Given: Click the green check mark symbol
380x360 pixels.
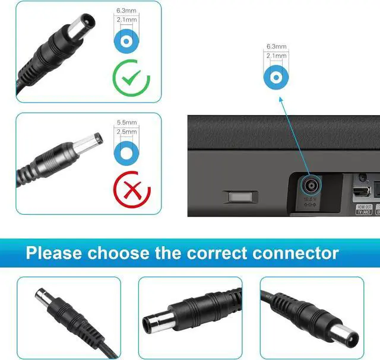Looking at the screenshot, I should (x=131, y=78).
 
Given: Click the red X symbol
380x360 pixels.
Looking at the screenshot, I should (x=131, y=191).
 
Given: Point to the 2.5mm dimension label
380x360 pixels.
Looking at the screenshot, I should (x=126, y=132).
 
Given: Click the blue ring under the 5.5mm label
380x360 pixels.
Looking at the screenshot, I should (x=126, y=152).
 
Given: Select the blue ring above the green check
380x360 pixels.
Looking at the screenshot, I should (x=126, y=42).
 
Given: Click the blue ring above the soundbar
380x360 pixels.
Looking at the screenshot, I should (x=276, y=77).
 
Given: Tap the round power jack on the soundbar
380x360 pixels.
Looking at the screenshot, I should (x=309, y=184).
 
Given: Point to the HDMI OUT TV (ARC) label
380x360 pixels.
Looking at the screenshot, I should (x=364, y=209).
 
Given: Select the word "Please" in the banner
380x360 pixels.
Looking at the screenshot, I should (x=54, y=253).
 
